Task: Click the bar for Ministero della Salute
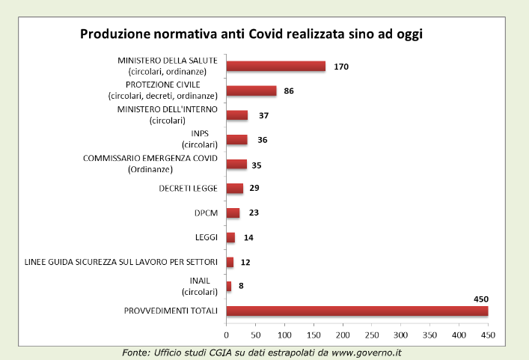tap(275, 66)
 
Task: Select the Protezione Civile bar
tap(251, 91)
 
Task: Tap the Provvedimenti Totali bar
tap(356, 311)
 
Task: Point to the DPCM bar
tap(233, 213)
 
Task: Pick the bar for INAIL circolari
tap(229, 286)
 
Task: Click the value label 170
tap(341, 67)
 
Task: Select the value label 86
tap(290, 91)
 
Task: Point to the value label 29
tap(254, 188)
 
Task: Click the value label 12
tap(245, 262)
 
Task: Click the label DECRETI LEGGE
tap(188, 188)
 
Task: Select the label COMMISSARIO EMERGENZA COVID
tap(150, 159)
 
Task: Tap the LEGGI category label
tap(205, 237)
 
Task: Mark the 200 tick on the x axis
tap(343, 335)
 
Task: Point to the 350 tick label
tap(430, 335)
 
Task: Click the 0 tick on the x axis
tap(226, 335)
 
